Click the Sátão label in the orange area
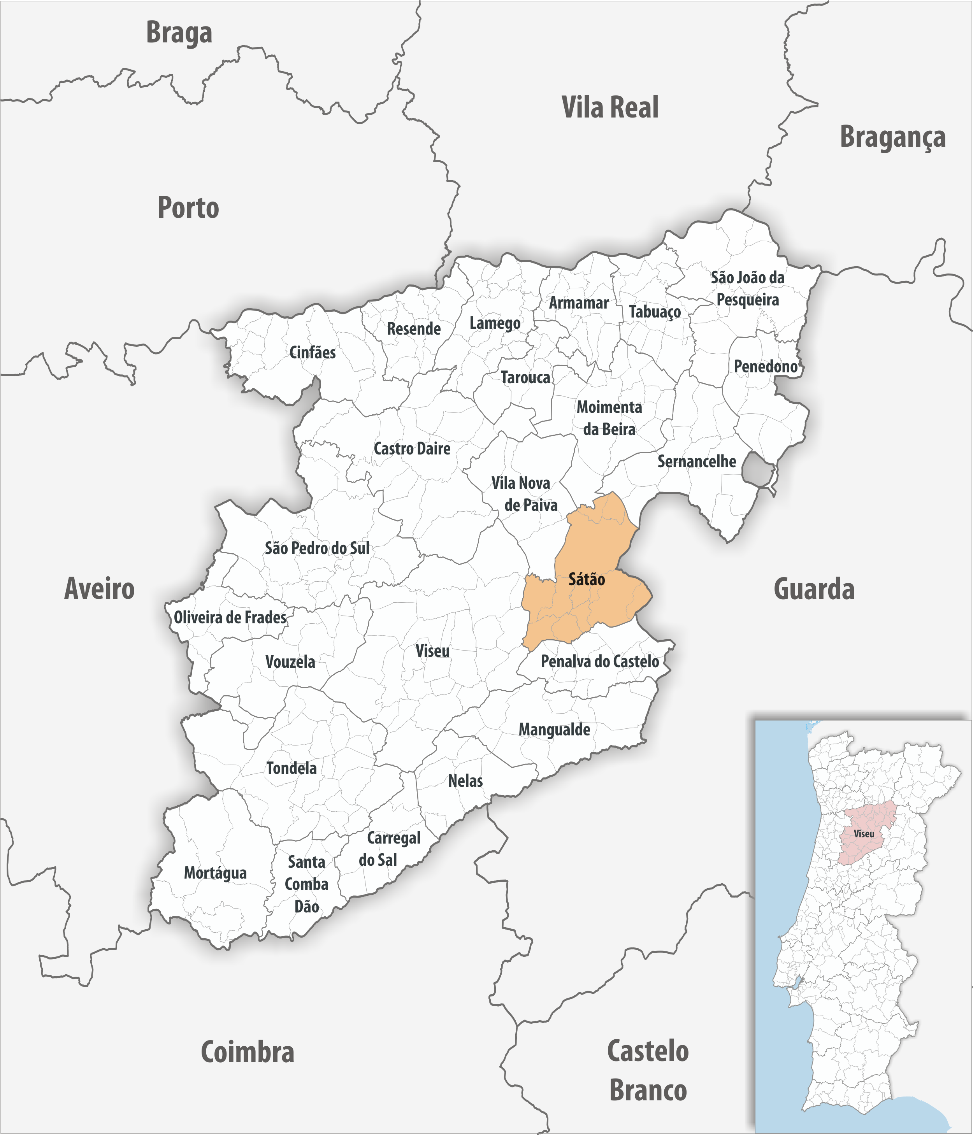click(x=586, y=579)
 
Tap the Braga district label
click(x=179, y=33)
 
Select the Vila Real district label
click(x=610, y=107)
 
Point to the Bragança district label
click(x=892, y=137)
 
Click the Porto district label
click(x=188, y=208)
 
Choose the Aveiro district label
click(x=99, y=588)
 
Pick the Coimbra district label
click(x=247, y=1052)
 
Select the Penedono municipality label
click(x=765, y=367)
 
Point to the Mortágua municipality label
click(x=215, y=873)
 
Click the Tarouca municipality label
click(x=525, y=377)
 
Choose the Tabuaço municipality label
click(x=655, y=312)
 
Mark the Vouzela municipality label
click(x=290, y=662)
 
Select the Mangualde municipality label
click(x=555, y=730)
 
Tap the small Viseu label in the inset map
click(x=864, y=834)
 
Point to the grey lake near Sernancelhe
click(x=757, y=469)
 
